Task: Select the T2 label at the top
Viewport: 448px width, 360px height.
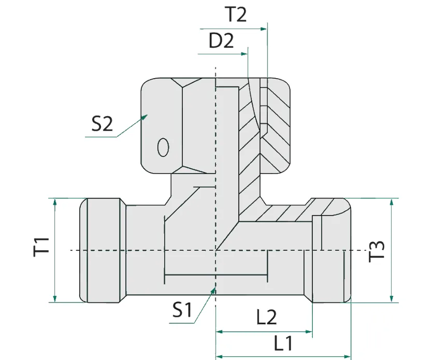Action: [236, 15]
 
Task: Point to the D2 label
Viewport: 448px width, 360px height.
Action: [222, 41]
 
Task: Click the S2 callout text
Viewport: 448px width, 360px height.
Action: [102, 124]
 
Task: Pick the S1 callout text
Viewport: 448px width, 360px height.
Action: [182, 310]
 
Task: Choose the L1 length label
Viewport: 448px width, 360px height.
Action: [283, 342]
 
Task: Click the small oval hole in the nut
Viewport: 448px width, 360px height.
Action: [163, 147]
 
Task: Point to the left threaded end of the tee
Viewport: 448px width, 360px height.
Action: [103, 251]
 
